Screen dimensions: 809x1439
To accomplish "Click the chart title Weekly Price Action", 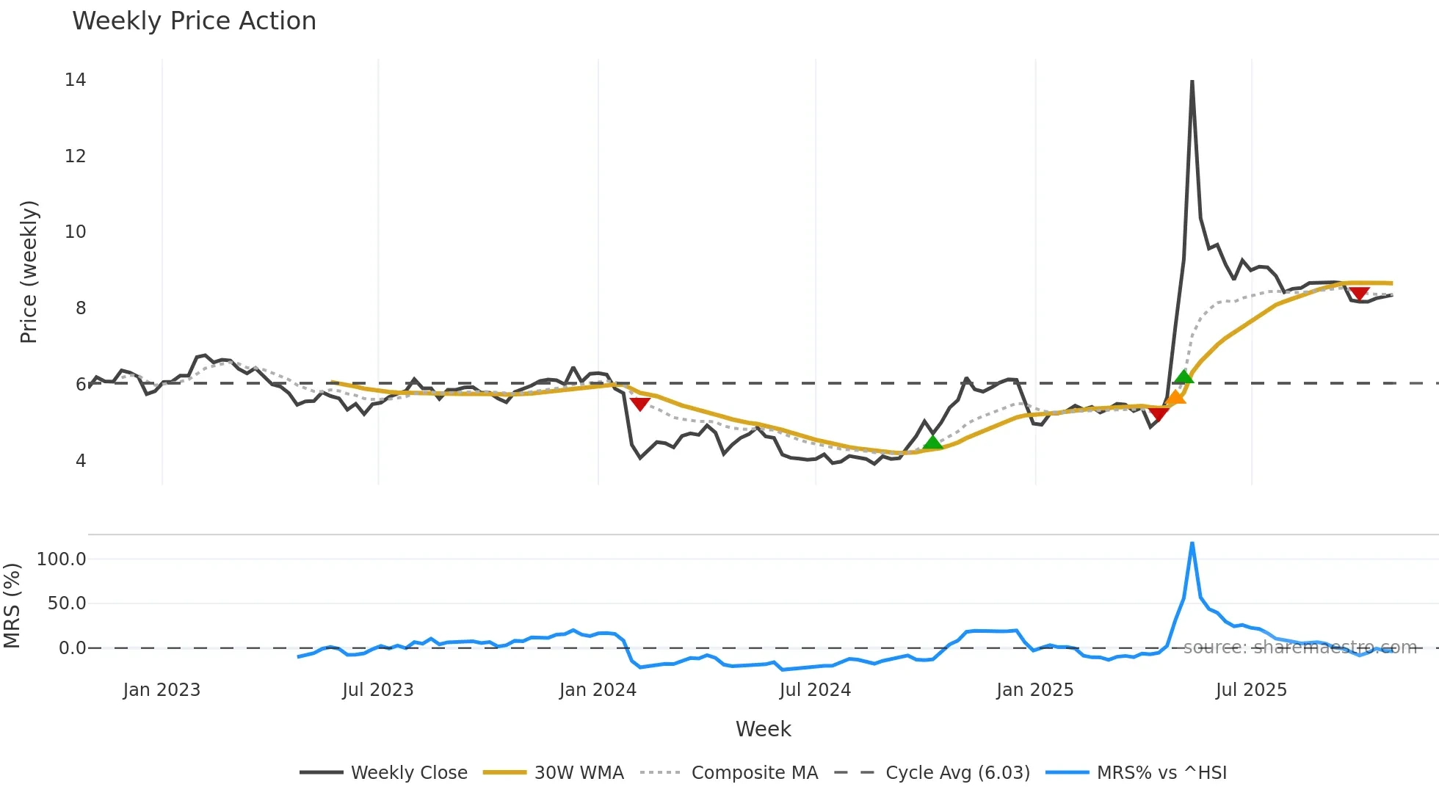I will point(194,21).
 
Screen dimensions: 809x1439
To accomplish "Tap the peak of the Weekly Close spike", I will point(1192,81).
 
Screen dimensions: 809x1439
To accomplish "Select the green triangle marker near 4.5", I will point(932,442).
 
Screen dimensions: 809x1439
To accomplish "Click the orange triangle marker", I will point(1175,398).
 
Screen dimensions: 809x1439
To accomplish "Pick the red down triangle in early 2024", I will point(639,404).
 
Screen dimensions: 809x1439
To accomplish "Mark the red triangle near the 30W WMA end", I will point(1359,294).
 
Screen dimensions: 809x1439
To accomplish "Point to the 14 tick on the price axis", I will point(75,80).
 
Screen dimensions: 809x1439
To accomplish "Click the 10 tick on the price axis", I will point(75,232).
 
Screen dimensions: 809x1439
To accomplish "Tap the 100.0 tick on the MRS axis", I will point(62,559).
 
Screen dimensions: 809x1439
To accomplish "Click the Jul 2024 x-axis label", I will point(815,690).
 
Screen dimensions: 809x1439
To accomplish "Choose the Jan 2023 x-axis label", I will point(162,690).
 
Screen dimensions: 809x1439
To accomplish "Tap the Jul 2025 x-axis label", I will point(1251,690).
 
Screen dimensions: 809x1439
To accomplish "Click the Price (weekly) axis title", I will point(29,272).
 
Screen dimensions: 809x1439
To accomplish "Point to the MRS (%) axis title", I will point(12,606).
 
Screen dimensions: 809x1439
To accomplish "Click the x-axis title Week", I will point(763,729).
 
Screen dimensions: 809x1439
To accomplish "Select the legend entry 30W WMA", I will point(579,773).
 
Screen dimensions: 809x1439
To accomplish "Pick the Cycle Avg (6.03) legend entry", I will point(957,773).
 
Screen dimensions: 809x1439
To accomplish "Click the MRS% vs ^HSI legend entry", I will point(1161,773).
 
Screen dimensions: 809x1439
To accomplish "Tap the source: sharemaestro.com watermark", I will point(1300,647).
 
